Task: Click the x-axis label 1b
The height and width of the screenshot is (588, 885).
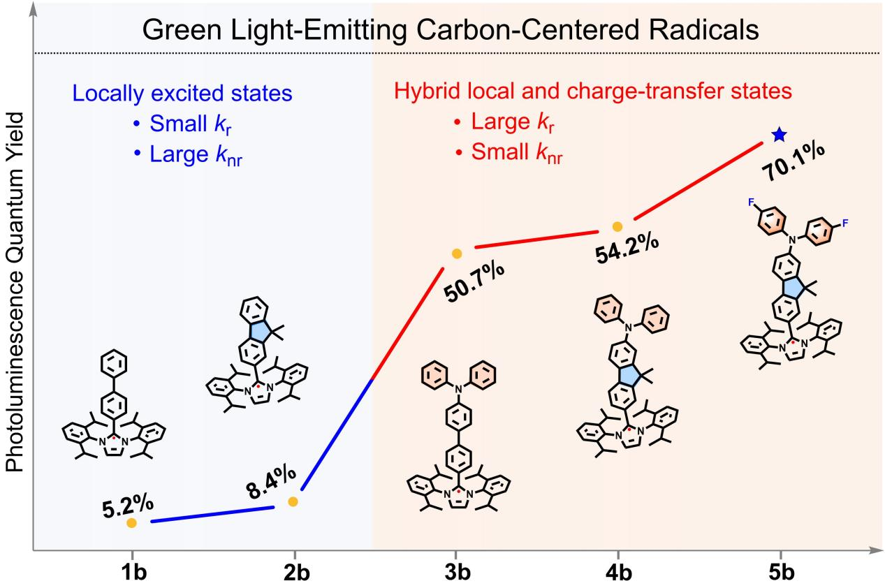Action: pos(131,573)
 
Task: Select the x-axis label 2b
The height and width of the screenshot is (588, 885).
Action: pos(293,573)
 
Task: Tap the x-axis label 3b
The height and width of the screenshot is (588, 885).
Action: pos(455,573)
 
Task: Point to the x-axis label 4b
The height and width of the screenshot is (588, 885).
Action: pos(617,573)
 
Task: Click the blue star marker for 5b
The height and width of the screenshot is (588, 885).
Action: pos(777,135)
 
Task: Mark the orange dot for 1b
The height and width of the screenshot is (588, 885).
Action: pos(131,522)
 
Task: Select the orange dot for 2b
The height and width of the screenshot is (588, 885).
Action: pos(293,501)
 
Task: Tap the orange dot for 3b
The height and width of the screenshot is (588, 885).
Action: pos(456,253)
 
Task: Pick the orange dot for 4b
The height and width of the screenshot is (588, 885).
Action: pos(617,226)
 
